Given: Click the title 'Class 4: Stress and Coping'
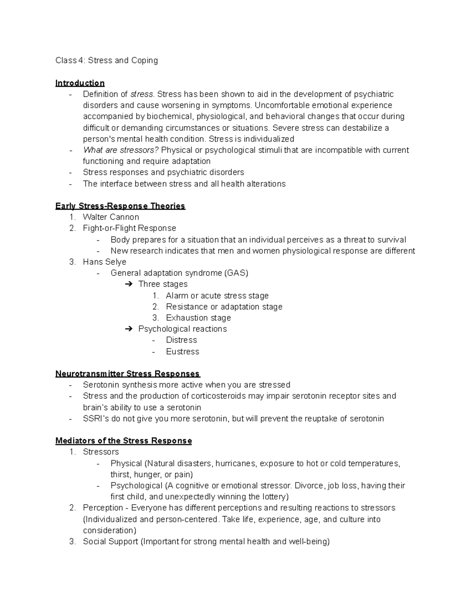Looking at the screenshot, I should coord(106,60).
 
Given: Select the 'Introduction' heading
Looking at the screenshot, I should coord(80,83).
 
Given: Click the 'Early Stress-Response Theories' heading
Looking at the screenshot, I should coord(120,206).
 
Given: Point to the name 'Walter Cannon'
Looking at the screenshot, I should coord(111,217).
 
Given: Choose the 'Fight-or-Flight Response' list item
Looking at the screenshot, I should coord(130,228).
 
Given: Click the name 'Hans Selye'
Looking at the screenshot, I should coord(104,262).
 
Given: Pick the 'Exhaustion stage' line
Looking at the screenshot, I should coord(198,318).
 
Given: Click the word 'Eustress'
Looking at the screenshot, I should coord(183,352).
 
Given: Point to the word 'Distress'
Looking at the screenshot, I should coord(181,340).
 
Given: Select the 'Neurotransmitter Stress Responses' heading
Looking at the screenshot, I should coord(128,374).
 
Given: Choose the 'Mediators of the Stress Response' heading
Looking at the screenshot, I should coord(124,441).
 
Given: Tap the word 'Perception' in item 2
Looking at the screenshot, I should coord(103,508).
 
